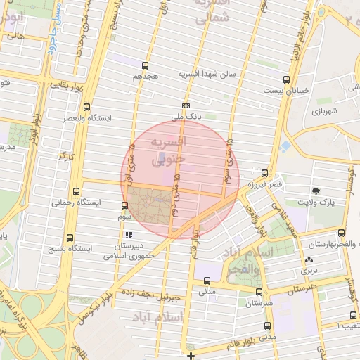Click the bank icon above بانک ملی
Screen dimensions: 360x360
pyautogui.click(x=184, y=105)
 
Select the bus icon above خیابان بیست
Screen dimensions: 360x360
pyautogui.click(x=285, y=79)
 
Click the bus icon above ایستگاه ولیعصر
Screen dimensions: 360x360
pyautogui.click(x=86, y=107)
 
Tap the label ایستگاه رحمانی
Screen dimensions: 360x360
pyautogui.click(x=77, y=202)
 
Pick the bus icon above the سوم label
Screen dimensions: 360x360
pyautogui.click(x=125, y=206)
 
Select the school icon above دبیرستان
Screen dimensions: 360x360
pyautogui.click(x=128, y=236)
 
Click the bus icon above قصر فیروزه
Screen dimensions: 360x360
pyautogui.click(x=264, y=172)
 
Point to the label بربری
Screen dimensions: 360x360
pyautogui.click(x=309, y=269)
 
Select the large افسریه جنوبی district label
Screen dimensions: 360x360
pyautogui.click(x=168, y=150)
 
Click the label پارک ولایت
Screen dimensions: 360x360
pyautogui.click(x=316, y=203)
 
